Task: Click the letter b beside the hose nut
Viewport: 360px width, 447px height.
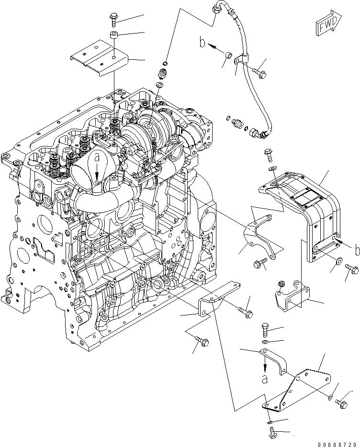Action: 203,44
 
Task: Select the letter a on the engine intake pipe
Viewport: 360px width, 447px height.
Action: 97,157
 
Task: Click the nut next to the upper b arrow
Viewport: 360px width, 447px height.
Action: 228,56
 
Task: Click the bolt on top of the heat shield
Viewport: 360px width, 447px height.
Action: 268,155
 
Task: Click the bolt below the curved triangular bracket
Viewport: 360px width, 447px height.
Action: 259,263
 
